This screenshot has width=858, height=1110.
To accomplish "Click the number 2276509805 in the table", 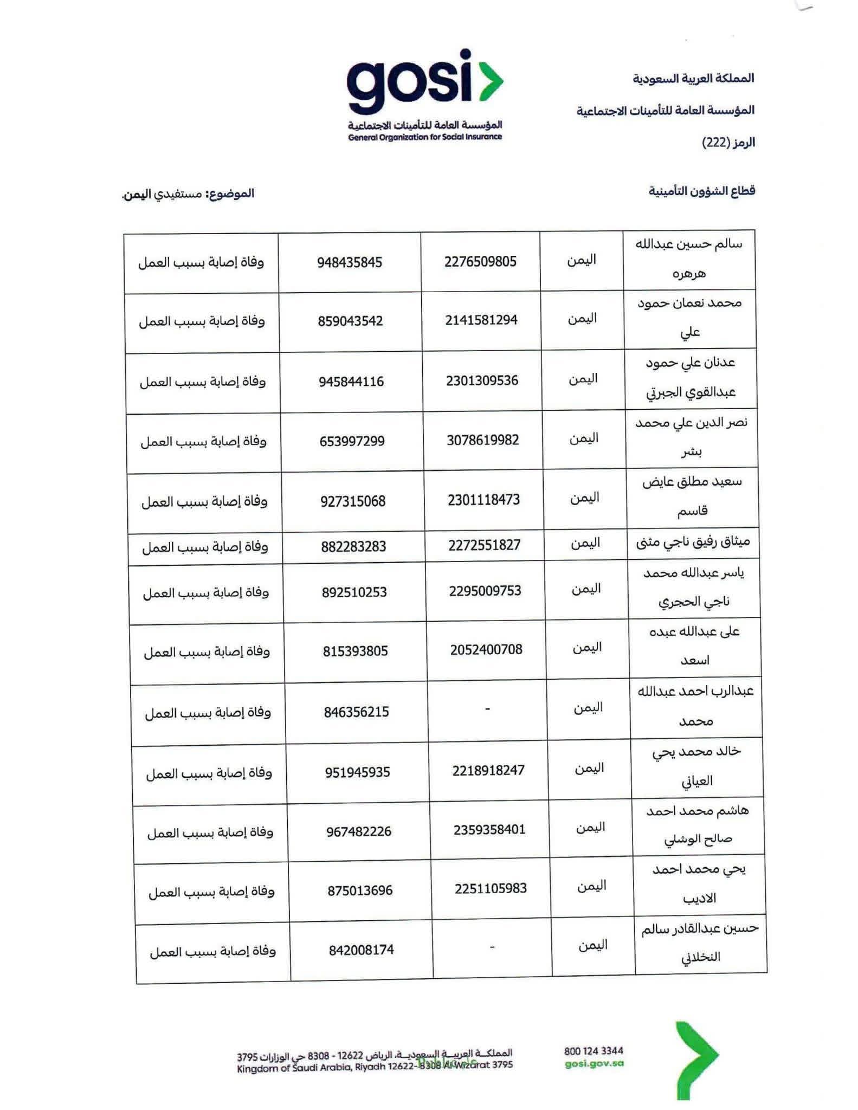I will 480,262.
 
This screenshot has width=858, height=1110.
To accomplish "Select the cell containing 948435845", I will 350,263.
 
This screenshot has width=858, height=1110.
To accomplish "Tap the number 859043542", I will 350,321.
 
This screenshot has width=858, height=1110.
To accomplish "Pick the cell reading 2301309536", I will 482,381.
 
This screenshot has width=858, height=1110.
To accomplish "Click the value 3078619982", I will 482,440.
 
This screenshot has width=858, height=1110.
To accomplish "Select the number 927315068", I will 353,502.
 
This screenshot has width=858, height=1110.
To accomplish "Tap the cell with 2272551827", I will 484,545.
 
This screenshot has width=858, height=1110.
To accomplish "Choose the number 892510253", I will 354,592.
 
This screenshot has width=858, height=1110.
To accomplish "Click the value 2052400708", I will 486,650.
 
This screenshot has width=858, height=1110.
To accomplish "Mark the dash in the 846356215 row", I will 488,709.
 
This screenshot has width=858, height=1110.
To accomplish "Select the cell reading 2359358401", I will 489,830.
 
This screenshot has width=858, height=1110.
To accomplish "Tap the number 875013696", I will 360,890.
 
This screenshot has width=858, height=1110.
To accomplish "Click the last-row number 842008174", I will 361,950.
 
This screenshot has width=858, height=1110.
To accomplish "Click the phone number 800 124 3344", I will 593,1051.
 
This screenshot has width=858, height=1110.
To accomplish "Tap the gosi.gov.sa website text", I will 594,1063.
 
